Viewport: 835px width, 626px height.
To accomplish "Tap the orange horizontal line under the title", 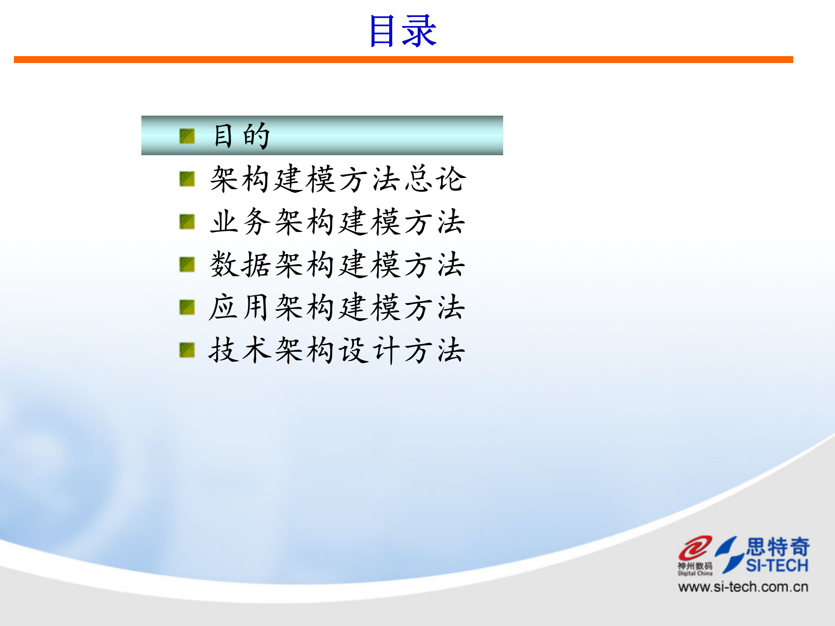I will coord(403,60).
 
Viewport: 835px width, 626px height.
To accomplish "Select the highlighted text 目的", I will coord(242,136).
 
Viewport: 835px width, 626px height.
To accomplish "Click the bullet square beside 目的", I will coord(187,136).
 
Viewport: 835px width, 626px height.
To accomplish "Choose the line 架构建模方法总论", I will coord(338,179).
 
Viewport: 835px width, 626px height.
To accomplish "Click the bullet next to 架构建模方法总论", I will coord(187,179).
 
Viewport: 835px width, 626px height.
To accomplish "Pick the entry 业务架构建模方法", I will coord(337,222).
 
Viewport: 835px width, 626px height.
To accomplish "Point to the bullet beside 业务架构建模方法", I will coord(187,222).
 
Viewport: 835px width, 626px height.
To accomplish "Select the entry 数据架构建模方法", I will coord(337,264).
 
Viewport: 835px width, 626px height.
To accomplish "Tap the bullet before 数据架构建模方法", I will coord(187,264).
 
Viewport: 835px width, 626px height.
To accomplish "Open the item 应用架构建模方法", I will coord(337,307).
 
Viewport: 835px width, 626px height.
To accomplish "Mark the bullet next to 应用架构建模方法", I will coord(187,307).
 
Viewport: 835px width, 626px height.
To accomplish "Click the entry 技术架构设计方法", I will coord(337,350).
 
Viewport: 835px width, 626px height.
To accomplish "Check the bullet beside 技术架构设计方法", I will coord(187,350).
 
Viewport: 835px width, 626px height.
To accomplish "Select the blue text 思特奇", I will coord(778,546).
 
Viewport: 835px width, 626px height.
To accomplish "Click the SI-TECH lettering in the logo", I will coord(777,566).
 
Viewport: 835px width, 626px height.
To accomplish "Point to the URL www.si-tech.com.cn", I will coord(743,587).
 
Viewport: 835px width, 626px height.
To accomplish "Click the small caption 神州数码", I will coord(695,566).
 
